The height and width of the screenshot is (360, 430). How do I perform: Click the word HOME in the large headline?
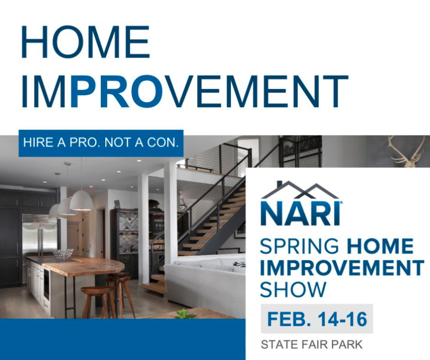pyautogui.click(x=85, y=42)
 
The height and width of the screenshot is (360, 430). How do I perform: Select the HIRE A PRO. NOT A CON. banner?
pyautogui.click(x=101, y=143)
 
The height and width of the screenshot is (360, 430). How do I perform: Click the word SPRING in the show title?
pyautogui.click(x=299, y=247)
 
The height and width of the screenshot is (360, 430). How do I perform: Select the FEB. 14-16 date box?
pyautogui.click(x=317, y=319)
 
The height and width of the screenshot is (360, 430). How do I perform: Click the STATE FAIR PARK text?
pyautogui.click(x=312, y=344)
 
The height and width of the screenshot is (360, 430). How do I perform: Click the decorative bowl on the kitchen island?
pyautogui.click(x=63, y=254)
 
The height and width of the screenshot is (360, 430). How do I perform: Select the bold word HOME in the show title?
pyautogui.click(x=380, y=246)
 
